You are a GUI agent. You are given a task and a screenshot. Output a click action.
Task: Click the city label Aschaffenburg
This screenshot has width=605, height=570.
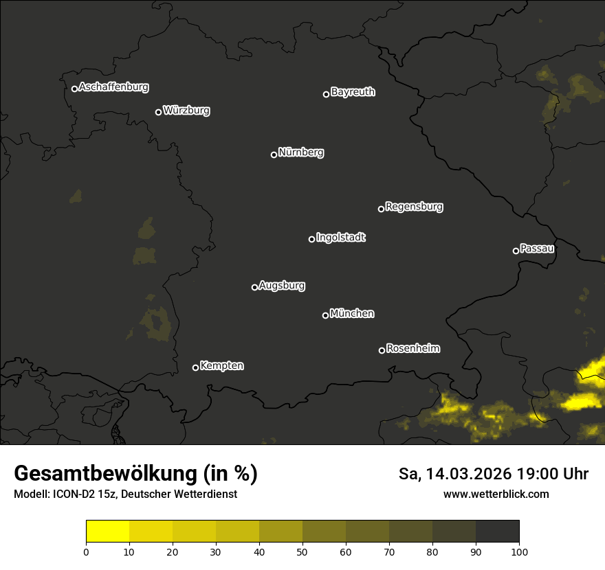[113, 87]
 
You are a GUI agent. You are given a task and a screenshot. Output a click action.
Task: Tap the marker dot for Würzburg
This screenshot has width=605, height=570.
[158, 112]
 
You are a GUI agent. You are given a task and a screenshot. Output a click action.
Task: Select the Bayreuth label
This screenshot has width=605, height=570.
[353, 92]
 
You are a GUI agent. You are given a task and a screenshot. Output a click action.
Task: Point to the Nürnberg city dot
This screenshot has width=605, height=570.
[274, 155]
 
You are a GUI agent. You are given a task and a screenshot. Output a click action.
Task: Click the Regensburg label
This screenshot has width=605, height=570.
[414, 206]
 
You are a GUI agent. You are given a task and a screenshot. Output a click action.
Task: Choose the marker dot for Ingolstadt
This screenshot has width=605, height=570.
[311, 239]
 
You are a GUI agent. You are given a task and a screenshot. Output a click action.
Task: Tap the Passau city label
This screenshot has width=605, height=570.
[537, 248]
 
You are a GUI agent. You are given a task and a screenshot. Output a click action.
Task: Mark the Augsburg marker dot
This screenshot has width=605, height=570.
[254, 287]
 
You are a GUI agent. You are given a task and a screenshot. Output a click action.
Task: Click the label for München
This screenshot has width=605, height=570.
[352, 314]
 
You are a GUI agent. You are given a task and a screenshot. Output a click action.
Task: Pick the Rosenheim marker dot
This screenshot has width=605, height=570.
[382, 350]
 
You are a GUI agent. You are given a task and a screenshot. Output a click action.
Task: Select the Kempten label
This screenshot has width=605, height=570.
[221, 365]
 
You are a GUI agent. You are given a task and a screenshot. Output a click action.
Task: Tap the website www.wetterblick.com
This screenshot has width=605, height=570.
[496, 494]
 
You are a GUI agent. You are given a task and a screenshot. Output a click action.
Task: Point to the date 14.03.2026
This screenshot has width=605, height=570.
[464, 474]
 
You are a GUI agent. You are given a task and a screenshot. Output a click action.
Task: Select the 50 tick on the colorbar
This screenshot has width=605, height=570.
[302, 551]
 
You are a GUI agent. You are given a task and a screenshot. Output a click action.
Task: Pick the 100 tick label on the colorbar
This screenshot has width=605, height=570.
[518, 551]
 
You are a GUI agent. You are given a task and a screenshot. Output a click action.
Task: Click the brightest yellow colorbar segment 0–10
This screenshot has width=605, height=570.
[108, 532]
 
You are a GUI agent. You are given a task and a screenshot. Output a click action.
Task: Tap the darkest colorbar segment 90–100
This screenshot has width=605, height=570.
[497, 532]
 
